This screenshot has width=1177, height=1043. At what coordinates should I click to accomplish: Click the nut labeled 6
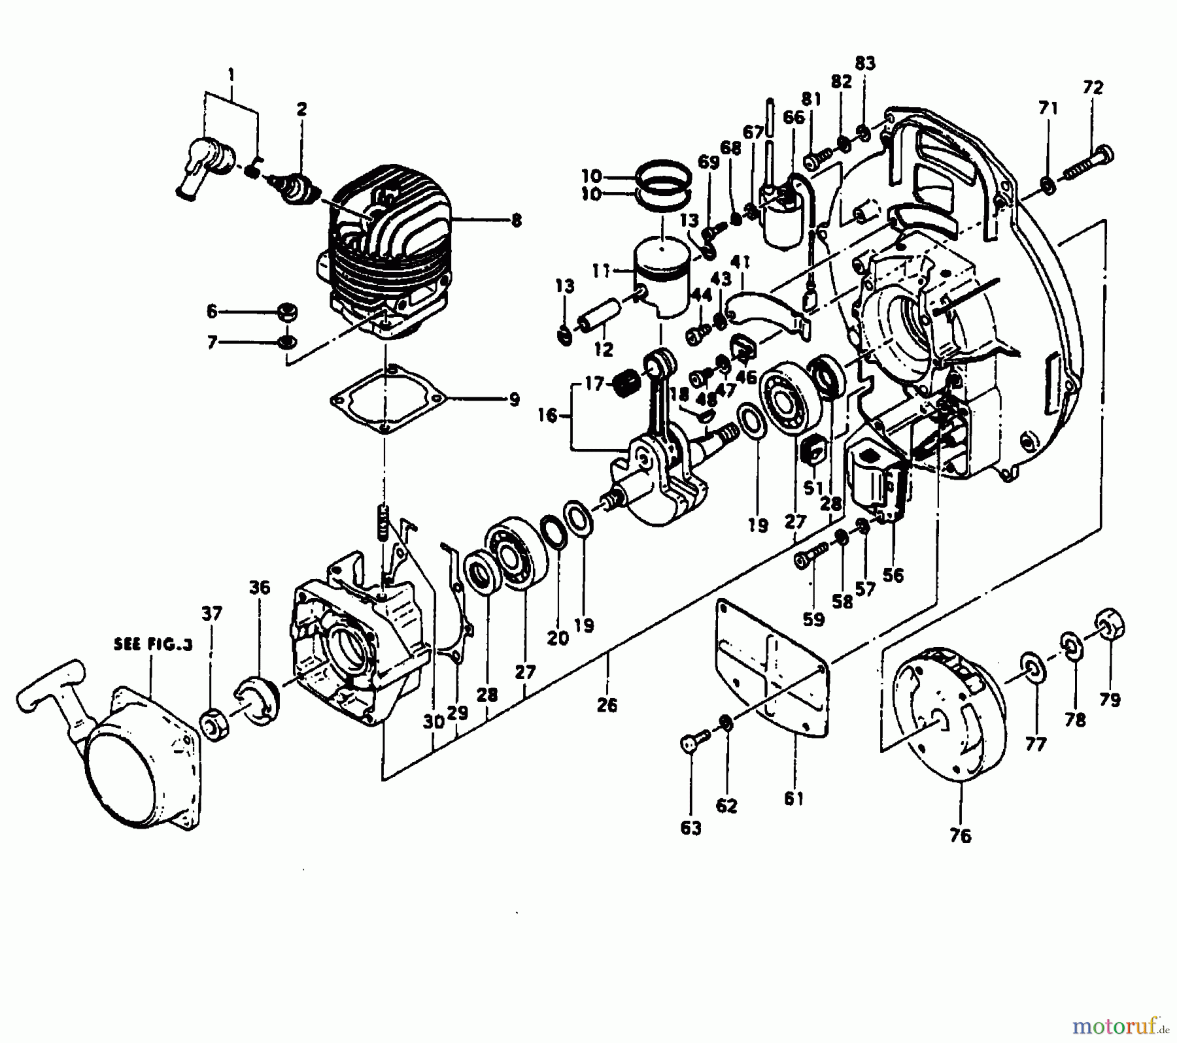286,312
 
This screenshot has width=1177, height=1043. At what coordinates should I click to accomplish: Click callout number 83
864,63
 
